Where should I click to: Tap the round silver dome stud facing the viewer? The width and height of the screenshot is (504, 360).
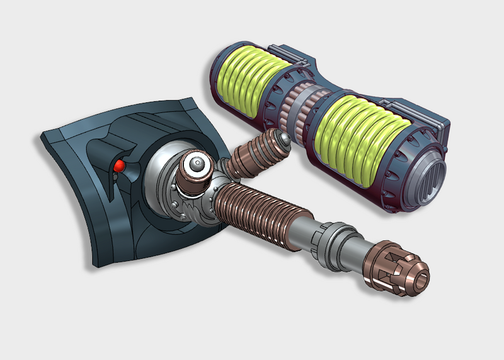pos(197,166)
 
